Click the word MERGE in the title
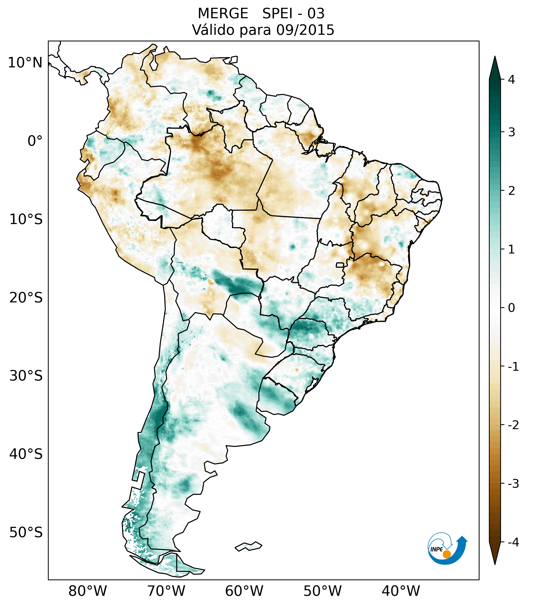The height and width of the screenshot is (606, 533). (x=223, y=14)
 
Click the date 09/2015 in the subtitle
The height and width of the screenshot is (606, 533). (x=305, y=30)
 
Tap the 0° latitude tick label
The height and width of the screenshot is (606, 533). (x=35, y=141)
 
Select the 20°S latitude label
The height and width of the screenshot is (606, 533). (x=26, y=298)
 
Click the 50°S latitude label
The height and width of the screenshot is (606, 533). (x=26, y=533)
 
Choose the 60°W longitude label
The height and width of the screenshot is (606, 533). (x=244, y=591)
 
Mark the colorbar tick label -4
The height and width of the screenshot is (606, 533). (x=513, y=542)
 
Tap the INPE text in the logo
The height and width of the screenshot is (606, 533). (x=436, y=549)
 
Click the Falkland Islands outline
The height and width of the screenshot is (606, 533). (x=249, y=546)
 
